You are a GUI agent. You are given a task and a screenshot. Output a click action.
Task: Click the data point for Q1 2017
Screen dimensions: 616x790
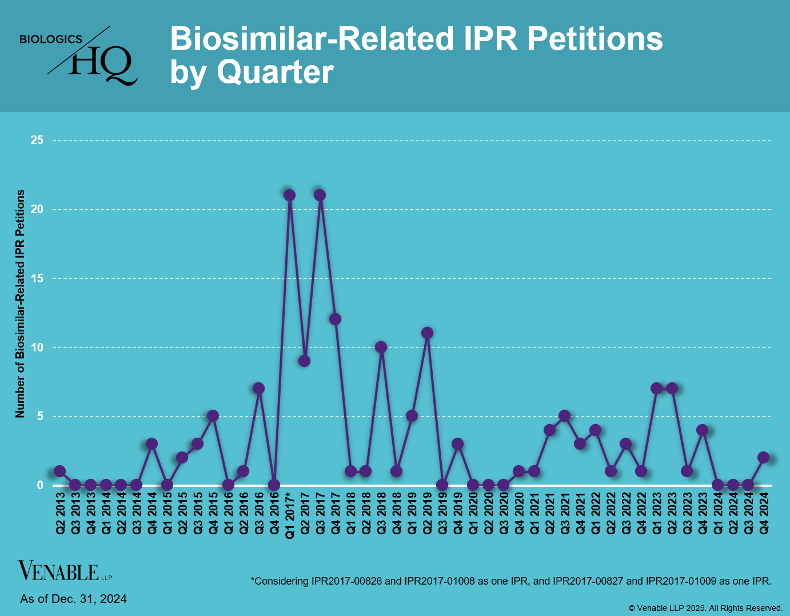(x=289, y=195)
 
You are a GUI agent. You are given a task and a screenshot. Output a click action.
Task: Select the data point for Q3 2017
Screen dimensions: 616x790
(x=320, y=195)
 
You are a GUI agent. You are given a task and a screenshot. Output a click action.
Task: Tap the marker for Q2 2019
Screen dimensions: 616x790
(x=427, y=333)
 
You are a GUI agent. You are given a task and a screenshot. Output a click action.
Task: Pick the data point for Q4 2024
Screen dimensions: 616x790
(x=763, y=458)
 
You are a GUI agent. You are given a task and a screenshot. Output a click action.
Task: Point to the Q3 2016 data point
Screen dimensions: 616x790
(x=258, y=389)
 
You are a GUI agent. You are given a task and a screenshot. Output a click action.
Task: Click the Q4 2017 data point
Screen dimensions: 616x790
(x=335, y=319)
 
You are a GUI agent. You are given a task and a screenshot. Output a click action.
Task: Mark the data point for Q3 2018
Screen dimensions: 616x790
(x=381, y=347)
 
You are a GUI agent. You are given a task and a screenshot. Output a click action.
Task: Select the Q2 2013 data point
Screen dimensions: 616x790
(x=59, y=471)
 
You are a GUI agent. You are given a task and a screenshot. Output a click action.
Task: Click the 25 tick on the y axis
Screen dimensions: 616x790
(x=37, y=140)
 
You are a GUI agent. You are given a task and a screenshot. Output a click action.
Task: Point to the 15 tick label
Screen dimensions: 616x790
(x=37, y=278)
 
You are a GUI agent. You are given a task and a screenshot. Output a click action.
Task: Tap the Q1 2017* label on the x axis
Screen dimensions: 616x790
(x=290, y=515)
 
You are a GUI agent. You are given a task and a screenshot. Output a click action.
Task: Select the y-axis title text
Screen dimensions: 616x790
(x=20, y=303)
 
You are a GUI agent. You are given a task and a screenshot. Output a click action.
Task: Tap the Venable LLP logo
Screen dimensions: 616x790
(x=64, y=571)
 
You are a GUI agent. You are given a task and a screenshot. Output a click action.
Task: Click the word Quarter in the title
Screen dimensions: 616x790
(x=275, y=73)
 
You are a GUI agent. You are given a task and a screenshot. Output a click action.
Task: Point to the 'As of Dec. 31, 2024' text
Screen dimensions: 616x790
(x=73, y=599)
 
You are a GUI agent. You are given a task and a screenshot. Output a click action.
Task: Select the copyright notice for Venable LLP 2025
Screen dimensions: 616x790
(x=705, y=608)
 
